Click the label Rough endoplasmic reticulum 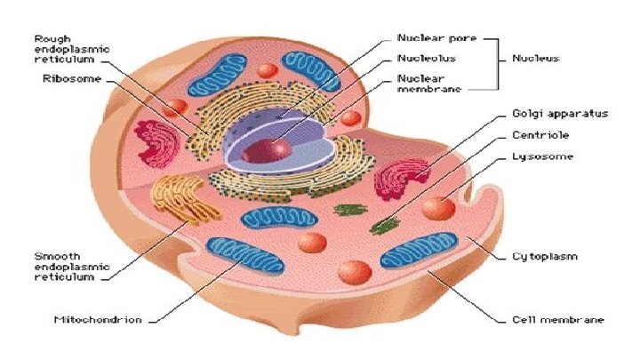click(x=72, y=50)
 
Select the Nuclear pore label click(x=436, y=38)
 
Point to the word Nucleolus click(x=426, y=58)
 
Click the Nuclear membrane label click(x=428, y=84)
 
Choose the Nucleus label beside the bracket click(x=535, y=58)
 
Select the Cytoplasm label click(x=544, y=256)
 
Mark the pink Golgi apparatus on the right click(x=401, y=179)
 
